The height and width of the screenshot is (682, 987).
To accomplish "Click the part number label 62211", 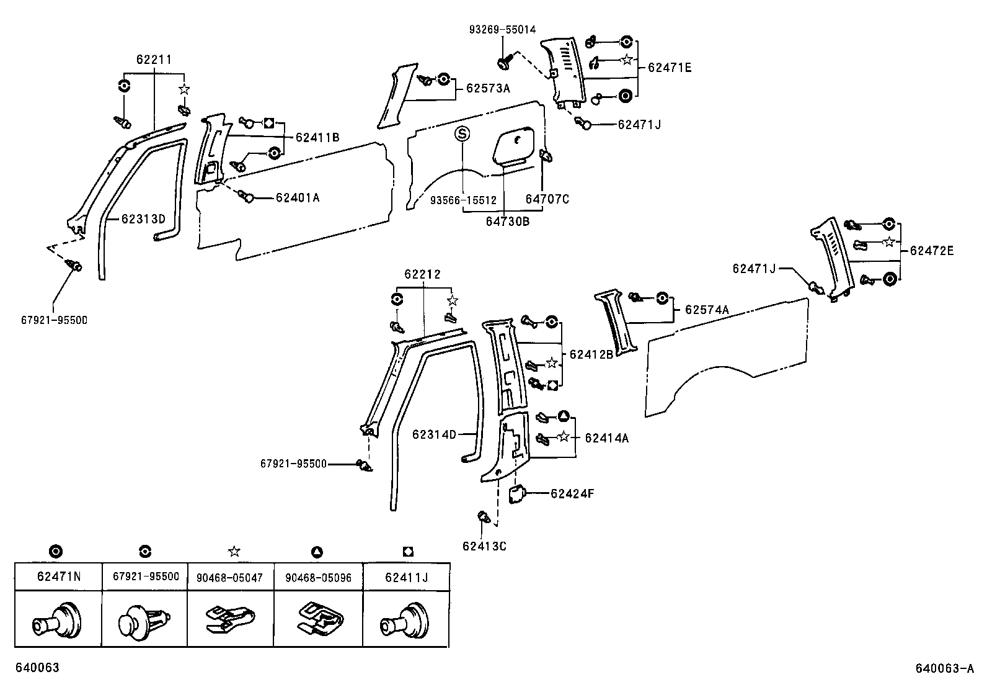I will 154,60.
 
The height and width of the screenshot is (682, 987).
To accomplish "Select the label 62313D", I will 143,218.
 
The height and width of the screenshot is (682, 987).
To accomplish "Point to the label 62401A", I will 298,198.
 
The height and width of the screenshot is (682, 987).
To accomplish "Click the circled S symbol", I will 462,134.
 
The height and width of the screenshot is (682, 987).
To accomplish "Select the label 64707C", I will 547,199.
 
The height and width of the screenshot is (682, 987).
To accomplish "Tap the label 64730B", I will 508,221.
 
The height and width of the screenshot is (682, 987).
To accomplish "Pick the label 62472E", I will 932,251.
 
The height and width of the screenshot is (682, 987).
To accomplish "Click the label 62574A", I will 707,310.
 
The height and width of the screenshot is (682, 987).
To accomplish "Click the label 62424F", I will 572,494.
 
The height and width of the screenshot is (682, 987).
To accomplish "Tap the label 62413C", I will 484,546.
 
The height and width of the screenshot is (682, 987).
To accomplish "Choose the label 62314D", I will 434,434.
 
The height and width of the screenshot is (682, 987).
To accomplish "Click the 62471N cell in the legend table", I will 58,576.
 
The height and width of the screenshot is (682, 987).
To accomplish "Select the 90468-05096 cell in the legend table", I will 318,577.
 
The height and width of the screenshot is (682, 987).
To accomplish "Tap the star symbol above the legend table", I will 234,551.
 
